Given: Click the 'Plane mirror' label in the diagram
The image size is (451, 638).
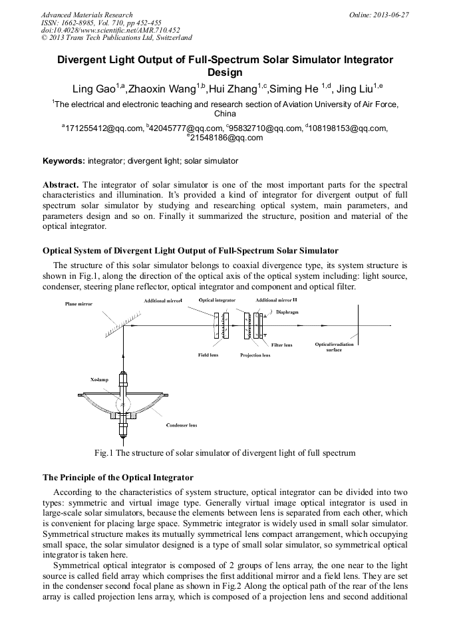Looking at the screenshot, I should tap(79, 303).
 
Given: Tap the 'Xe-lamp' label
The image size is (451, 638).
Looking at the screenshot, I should tap(99, 379).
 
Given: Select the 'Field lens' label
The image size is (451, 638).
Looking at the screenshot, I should tap(208, 355).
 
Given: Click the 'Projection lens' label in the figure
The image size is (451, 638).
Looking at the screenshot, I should tap(255, 355).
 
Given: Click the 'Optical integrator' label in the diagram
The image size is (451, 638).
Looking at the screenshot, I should tap(218, 301).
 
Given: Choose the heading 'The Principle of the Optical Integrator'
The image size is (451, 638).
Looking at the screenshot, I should tap(118, 478).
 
